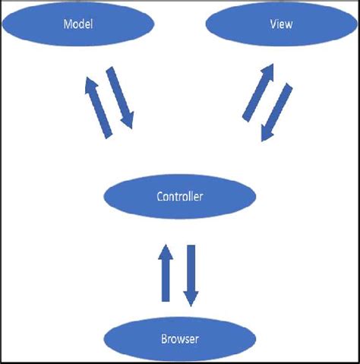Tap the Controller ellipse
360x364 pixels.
tap(179, 197)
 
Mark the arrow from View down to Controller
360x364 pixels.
tap(278, 112)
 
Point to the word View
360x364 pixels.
tap(281, 24)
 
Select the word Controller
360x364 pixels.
tap(179, 197)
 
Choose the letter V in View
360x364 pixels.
tap(273, 24)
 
